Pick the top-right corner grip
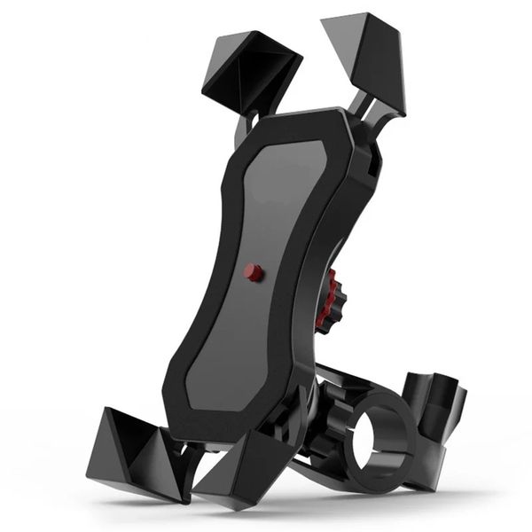[365, 58]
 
